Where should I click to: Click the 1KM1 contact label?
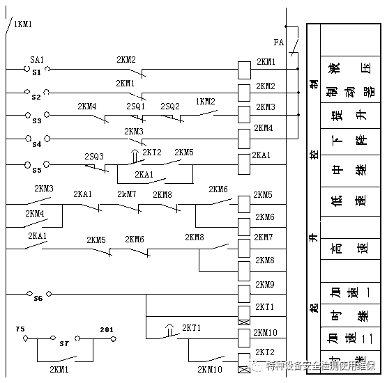coord(22,24)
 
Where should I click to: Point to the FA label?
coord(279,42)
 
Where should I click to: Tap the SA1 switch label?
coord(37,61)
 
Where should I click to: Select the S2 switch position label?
coord(36,97)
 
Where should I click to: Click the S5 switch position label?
coord(36,170)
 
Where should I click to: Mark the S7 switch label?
coord(64,343)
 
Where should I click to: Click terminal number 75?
coord(21,329)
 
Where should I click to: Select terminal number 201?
coord(107,329)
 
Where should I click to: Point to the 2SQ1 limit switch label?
coord(135,107)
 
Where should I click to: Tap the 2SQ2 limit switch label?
coord(170,107)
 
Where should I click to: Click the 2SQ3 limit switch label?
coord(94,156)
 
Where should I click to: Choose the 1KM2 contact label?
coord(205,102)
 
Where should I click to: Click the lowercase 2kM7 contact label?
coord(127,194)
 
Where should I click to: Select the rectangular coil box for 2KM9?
coord(244,291)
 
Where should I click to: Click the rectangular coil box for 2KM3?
coord(244,114)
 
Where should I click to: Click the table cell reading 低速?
coord(347,203)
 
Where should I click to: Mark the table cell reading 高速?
coord(347,248)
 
